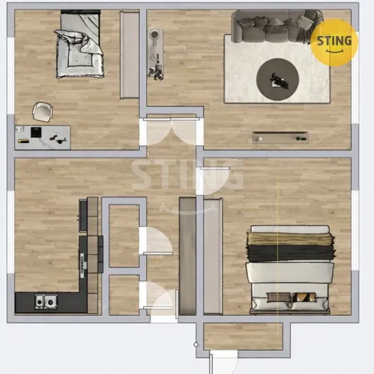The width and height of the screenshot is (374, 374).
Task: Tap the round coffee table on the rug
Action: click(x=277, y=78)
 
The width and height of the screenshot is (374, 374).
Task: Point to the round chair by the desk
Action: click(x=42, y=111)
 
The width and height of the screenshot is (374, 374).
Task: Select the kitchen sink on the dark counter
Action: click(x=46, y=301)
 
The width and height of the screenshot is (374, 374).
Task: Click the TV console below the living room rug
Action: click(x=280, y=137)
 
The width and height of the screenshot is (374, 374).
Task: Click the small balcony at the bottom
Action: click(x=242, y=336)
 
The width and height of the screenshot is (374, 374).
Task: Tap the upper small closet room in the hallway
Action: click(x=123, y=235)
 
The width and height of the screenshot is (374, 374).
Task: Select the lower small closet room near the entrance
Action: click(x=123, y=293)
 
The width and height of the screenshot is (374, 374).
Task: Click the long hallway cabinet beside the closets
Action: click(x=188, y=256)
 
